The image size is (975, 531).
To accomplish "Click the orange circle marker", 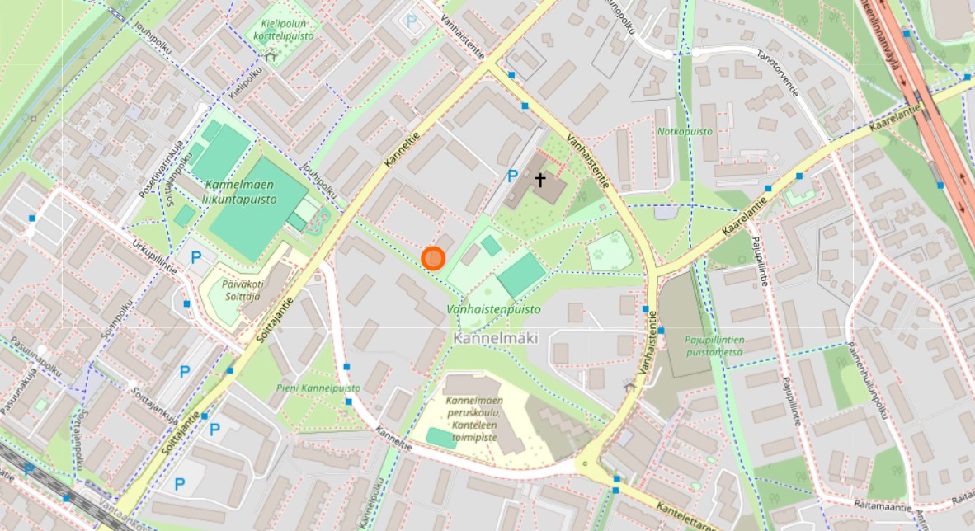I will click(x=433, y=258).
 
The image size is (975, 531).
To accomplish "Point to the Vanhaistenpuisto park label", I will click(x=493, y=309).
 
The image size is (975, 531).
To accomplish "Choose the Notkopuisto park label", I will click(x=685, y=131).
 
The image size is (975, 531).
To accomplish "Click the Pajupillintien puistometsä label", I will click(x=714, y=345).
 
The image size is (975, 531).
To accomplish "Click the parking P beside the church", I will click(x=512, y=176).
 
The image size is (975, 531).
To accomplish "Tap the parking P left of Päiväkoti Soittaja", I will click(x=196, y=257).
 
